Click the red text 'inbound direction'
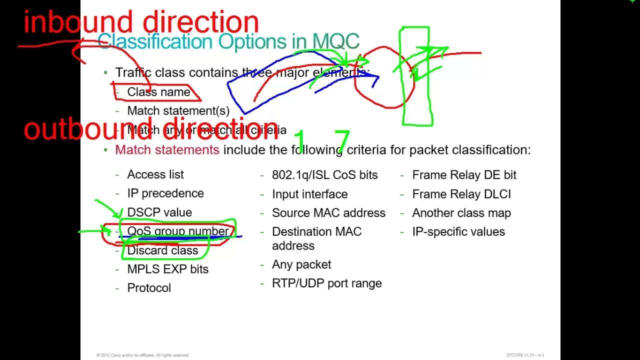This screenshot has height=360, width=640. pos(141,22)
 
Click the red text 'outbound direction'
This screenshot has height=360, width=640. pos(151,128)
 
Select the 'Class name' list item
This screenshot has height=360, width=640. pos(158,92)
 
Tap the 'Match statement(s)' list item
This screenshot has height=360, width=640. pos(178,110)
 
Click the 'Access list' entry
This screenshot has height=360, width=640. pos(155,174)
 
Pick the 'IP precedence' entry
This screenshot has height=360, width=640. pos(165,193)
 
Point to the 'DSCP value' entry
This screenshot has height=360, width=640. pos(159,212)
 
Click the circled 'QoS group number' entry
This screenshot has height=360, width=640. pos(177,231)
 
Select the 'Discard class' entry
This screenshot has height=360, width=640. pos(162,250)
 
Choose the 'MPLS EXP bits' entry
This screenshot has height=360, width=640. pos(168,269)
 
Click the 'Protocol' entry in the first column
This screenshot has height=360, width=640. pos(149,288)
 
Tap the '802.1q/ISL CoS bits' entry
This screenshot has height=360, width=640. pos(324,175)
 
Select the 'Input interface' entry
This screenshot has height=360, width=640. pos(309,194)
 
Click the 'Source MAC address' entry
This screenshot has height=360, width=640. pos(328,213)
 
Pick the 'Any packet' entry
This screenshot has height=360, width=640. pos(301,264)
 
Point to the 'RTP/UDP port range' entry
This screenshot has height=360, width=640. pos(326,283)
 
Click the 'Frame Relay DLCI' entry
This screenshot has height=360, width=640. pos(461,194)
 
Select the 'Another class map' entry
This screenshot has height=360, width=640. pos(461,213)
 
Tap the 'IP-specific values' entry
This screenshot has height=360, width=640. pos(458,232)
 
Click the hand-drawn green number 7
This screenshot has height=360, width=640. pos(342,141)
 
